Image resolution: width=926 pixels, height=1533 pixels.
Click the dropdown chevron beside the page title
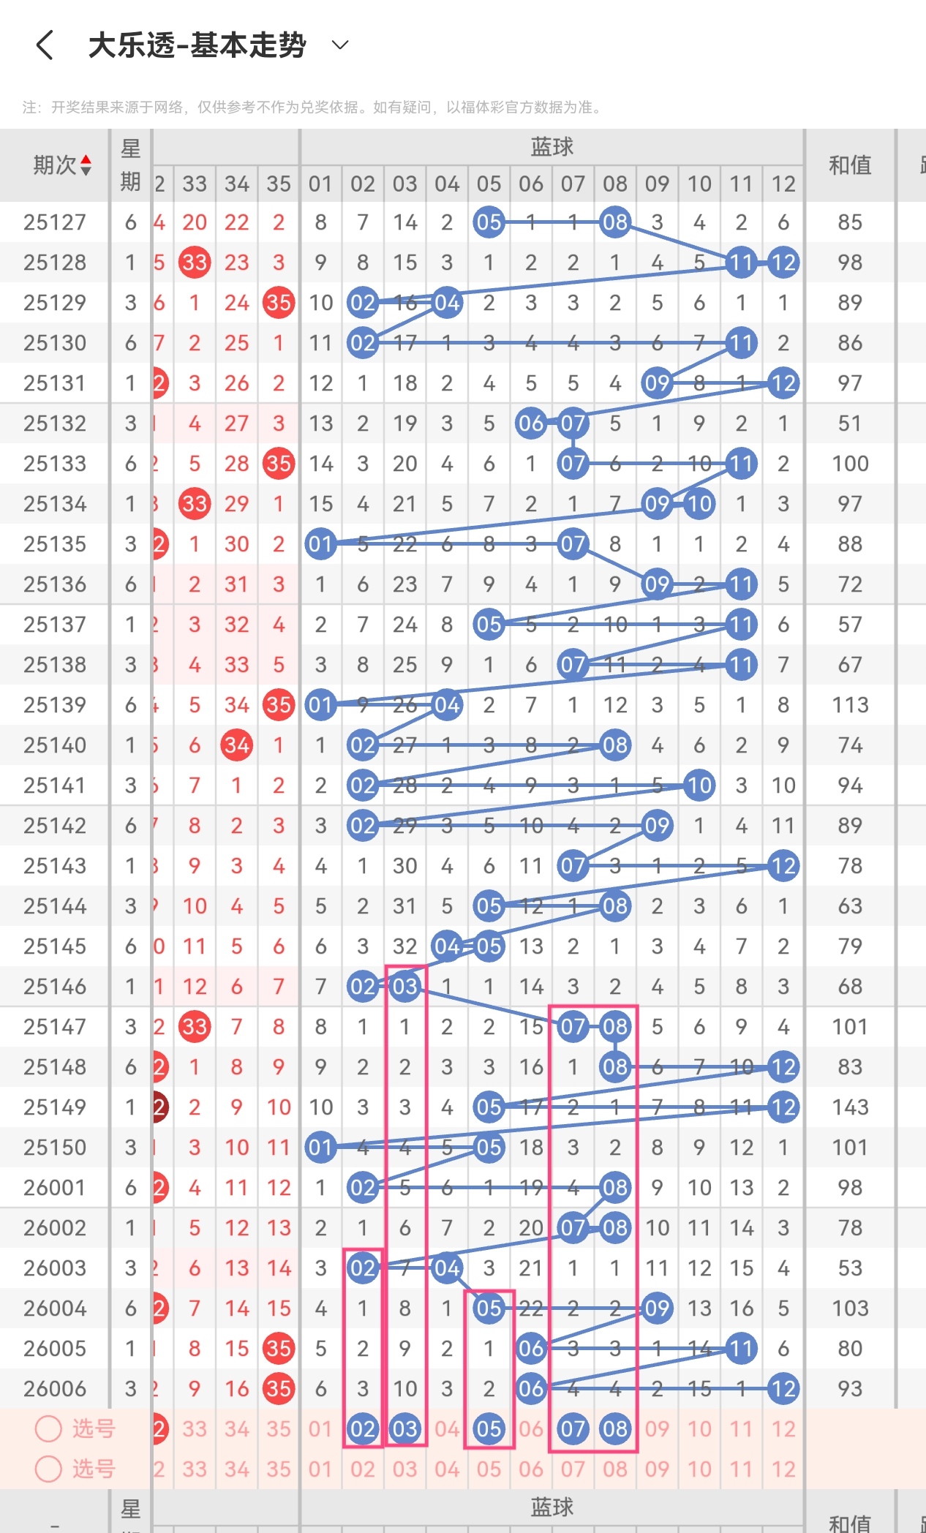(339, 45)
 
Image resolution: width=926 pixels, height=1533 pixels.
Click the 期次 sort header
(61, 165)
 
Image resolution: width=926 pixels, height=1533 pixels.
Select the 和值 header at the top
(849, 165)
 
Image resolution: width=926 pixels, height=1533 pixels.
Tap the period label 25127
(54, 222)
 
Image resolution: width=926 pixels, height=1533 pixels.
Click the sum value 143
(849, 1107)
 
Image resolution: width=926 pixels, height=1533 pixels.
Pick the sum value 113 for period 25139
(849, 705)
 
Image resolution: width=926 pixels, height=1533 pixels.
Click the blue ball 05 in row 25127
(489, 222)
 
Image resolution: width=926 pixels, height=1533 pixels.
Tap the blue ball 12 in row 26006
(783, 1389)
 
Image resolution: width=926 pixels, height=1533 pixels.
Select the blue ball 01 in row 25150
(320, 1148)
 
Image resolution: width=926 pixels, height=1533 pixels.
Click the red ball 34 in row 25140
(236, 745)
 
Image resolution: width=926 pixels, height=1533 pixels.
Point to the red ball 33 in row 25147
(195, 1027)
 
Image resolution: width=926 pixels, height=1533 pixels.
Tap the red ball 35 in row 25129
(279, 303)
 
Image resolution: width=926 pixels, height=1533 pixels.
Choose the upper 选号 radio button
(48, 1428)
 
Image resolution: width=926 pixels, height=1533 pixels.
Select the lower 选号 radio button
(48, 1469)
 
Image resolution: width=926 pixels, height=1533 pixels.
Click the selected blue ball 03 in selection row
(404, 1429)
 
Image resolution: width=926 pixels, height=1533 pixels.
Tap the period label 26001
(54, 1188)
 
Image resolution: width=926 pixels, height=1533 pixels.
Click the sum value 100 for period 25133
(849, 464)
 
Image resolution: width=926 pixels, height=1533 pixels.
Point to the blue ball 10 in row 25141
(699, 786)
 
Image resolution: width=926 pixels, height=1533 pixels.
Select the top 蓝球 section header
(552, 147)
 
